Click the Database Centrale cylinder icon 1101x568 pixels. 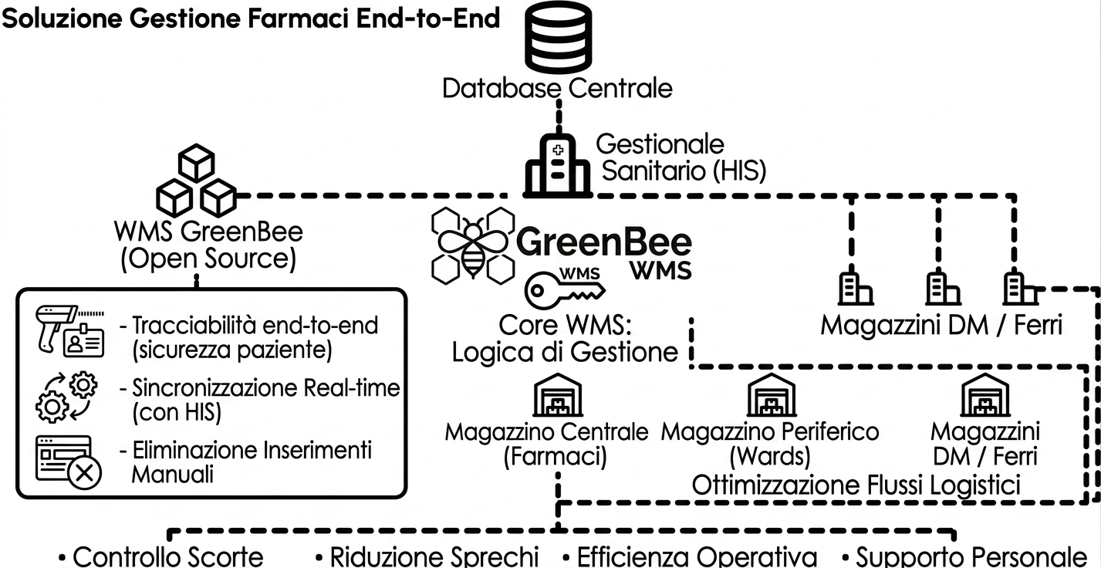pyautogui.click(x=556, y=38)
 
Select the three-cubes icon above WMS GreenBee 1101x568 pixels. pyautogui.click(x=195, y=182)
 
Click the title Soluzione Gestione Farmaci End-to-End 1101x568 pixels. pyautogui.click(x=252, y=19)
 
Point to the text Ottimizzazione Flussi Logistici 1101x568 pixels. pyautogui.click(x=856, y=485)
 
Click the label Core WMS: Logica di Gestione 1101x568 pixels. pyautogui.click(x=565, y=338)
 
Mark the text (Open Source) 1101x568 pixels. pyautogui.click(x=208, y=259)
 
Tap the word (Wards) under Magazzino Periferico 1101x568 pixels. pyautogui.click(x=769, y=455)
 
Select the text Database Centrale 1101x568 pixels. pyautogui.click(x=557, y=88)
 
